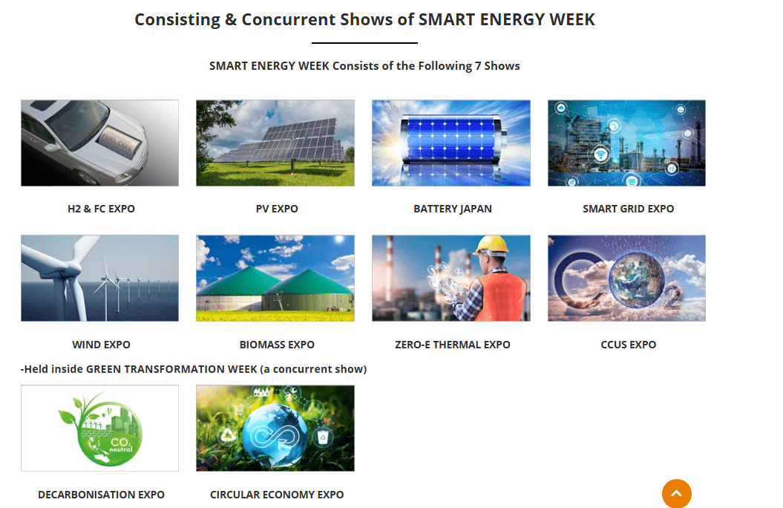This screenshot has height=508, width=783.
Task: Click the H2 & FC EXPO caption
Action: pyautogui.click(x=102, y=209)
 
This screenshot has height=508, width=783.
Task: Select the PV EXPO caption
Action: pyautogui.click(x=277, y=209)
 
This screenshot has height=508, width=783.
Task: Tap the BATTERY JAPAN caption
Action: pyautogui.click(x=453, y=209)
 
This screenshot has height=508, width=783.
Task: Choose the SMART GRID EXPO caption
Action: pyautogui.click(x=628, y=209)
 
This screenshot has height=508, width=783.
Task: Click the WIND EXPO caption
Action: pyautogui.click(x=102, y=345)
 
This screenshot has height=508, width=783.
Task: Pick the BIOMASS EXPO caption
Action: pyautogui.click(x=277, y=345)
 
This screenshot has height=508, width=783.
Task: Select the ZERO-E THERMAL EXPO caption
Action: pyautogui.click(x=453, y=345)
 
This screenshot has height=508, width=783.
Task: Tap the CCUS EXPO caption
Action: pyautogui.click(x=628, y=345)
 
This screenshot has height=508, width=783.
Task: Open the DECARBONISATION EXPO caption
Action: pyautogui.click(x=102, y=495)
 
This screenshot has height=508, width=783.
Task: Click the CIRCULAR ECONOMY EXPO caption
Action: pyautogui.click(x=277, y=495)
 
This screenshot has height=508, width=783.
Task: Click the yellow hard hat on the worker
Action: pyautogui.click(x=492, y=245)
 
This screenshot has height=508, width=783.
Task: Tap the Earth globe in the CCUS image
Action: pyautogui.click(x=636, y=279)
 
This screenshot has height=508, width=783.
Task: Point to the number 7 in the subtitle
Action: pyautogui.click(x=478, y=66)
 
